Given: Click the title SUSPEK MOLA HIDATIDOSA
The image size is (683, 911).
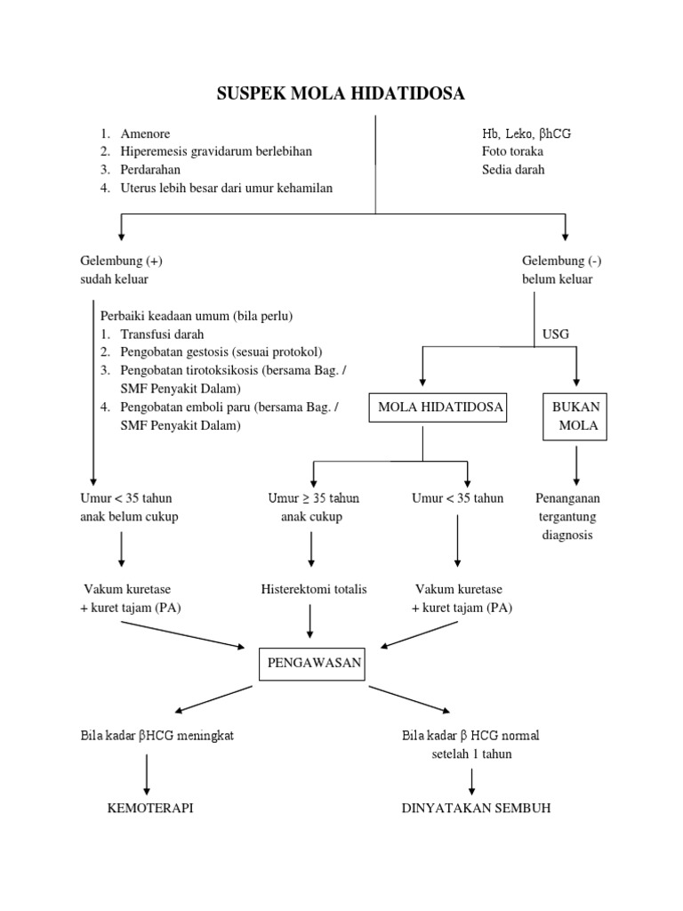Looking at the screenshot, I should tap(341, 94).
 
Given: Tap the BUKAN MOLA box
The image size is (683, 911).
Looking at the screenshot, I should tap(577, 416).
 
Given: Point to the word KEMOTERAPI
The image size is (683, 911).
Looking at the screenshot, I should tap(150, 808).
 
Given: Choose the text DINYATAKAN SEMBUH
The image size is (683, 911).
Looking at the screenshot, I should tap(476, 808).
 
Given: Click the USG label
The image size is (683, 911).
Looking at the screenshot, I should tap(555, 335).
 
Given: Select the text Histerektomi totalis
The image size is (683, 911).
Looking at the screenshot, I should tap(313, 589).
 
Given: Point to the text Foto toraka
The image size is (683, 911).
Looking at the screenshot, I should tap(514, 151).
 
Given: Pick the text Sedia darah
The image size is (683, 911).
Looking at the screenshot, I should tap(513, 169).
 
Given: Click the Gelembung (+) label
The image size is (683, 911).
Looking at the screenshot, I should tap(121, 261).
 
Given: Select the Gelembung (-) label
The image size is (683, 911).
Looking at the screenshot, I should tap(566, 261).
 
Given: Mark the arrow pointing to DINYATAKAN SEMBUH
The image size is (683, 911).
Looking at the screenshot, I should tap(472, 779).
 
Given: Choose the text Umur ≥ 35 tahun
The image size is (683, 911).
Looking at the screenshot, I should tap(313, 498).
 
